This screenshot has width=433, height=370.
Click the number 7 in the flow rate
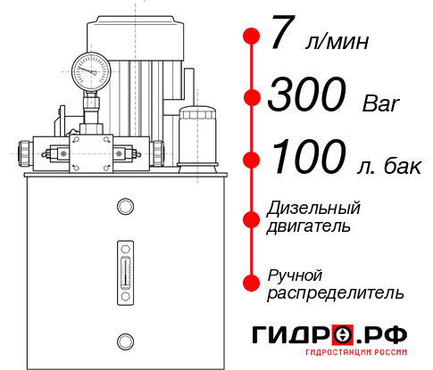click(x=281, y=36)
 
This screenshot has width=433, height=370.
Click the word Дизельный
click(x=314, y=209)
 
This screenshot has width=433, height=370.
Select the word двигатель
click(x=309, y=226)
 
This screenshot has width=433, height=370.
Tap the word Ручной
click(x=296, y=274)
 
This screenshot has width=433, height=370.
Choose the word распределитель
click(x=336, y=292)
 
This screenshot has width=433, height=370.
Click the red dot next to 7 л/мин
click(x=252, y=37)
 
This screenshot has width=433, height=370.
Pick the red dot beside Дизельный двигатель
click(x=252, y=218)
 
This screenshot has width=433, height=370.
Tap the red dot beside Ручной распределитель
click(x=252, y=282)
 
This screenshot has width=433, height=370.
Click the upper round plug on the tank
click(x=125, y=208)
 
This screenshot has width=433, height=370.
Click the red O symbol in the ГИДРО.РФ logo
click(x=342, y=334)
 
